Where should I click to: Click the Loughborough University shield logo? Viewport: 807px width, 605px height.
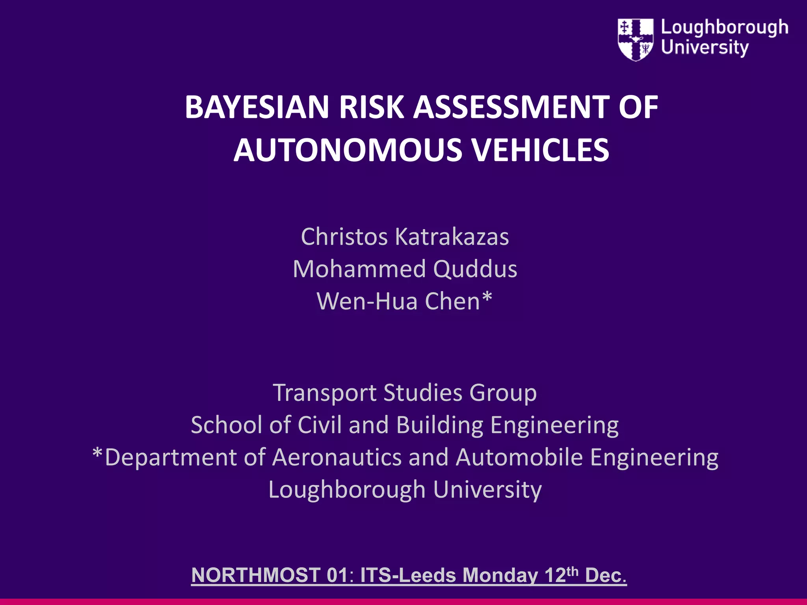[636, 39]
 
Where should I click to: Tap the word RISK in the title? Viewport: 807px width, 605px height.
[371, 107]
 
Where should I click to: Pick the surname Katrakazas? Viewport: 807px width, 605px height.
[452, 237]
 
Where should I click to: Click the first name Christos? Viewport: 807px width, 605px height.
[344, 237]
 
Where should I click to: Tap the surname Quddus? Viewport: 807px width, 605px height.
[475, 269]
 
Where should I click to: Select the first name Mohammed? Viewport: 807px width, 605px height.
[359, 269]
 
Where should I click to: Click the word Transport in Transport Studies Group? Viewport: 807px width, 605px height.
[325, 393]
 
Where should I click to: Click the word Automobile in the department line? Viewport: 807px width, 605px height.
[519, 457]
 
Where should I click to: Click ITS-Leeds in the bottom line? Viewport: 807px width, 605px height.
[408, 575]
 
